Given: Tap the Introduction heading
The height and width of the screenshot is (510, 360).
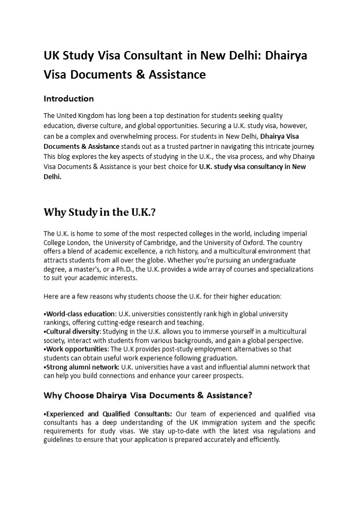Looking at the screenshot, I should click(x=68, y=98).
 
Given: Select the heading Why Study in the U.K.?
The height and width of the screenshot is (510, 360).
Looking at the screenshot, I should click(x=99, y=212).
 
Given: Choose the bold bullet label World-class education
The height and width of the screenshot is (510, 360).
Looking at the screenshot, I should click(x=80, y=314).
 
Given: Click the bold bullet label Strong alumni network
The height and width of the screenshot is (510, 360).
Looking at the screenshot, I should click(x=82, y=367).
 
